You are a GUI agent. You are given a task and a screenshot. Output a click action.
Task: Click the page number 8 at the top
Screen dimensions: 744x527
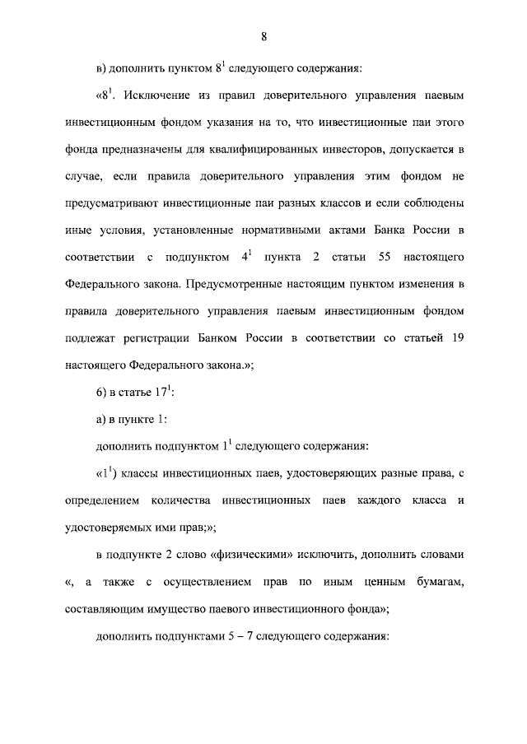[263, 35]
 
